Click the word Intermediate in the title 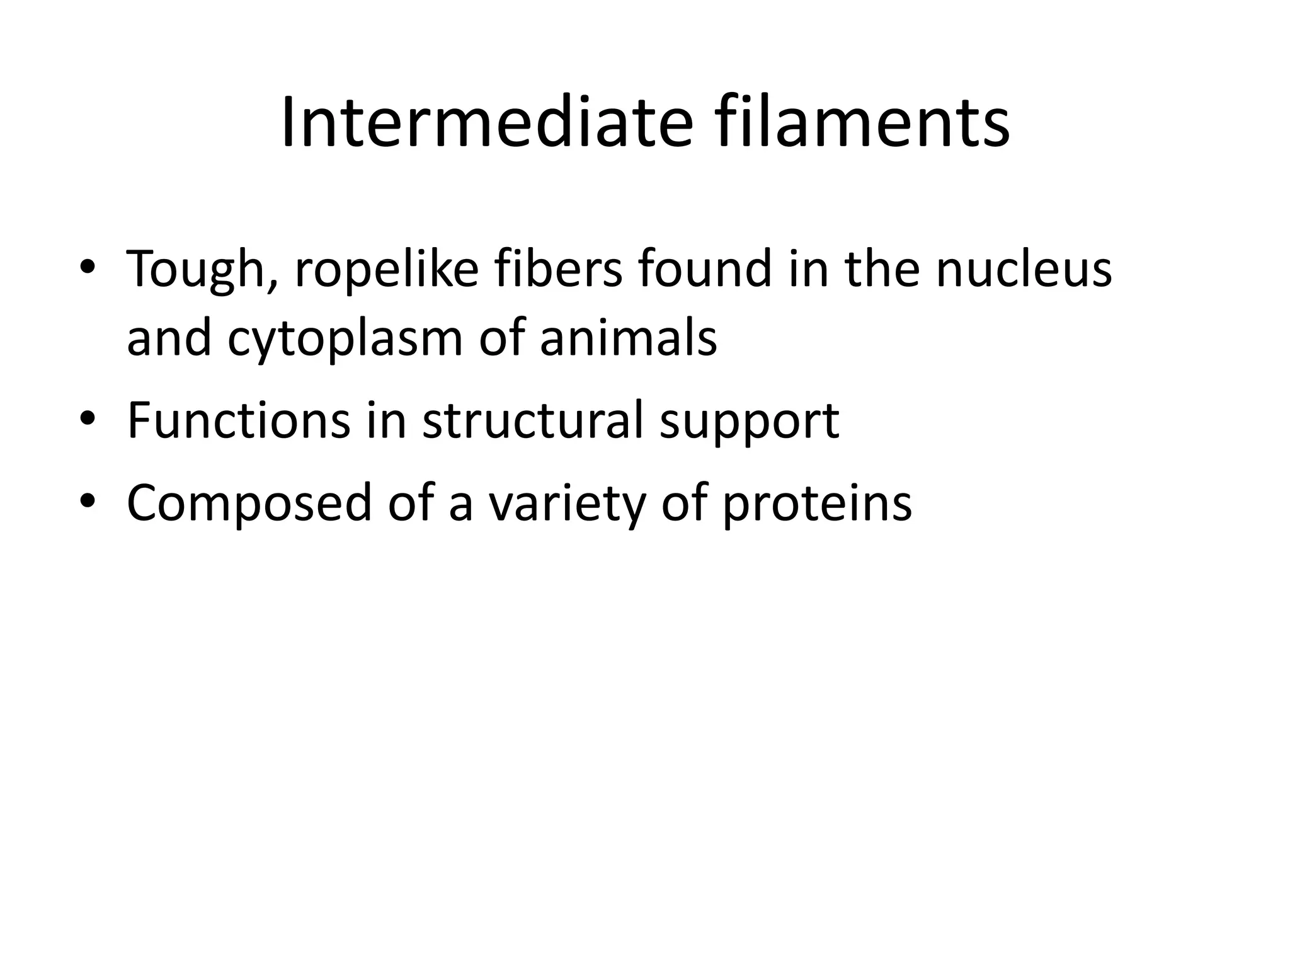486,123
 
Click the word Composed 249,504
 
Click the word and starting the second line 168,338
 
